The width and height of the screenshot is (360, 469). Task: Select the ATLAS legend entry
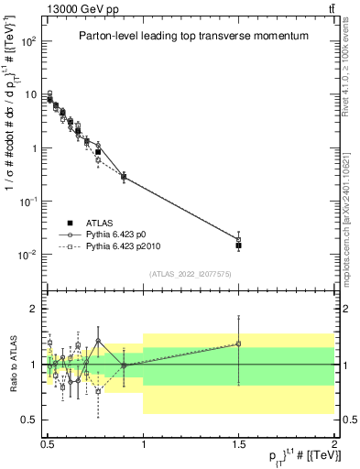[102, 224]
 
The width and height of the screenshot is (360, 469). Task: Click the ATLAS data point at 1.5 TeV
[238, 245]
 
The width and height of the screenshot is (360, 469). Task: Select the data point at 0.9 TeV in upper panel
[124, 176]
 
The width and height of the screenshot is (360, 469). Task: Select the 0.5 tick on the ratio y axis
[35, 420]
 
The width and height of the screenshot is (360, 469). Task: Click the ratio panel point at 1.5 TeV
[238, 344]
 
